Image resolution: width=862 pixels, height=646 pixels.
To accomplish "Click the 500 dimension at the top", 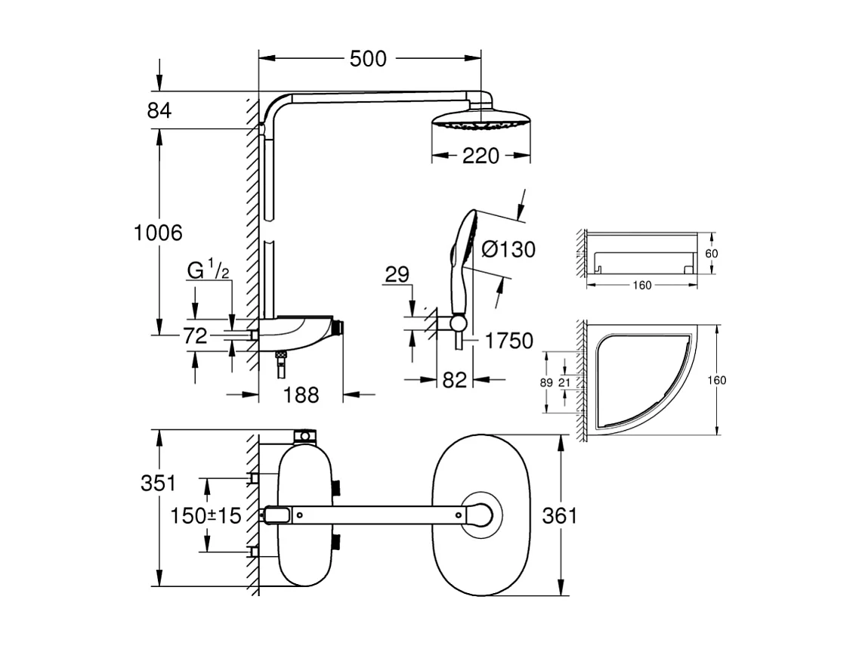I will (368, 58).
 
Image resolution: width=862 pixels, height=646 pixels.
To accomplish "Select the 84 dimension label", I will (159, 110).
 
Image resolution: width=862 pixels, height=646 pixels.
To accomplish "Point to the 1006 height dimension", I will (158, 233).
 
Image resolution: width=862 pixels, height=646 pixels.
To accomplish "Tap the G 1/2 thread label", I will (209, 270).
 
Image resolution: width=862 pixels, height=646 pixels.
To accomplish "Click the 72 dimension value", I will (195, 336).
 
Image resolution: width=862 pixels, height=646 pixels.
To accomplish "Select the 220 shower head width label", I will (480, 156).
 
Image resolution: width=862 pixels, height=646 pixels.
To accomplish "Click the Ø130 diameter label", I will (507, 249).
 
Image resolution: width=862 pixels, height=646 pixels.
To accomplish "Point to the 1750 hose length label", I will (508, 341).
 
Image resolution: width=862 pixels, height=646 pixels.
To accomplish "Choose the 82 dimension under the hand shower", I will (454, 381).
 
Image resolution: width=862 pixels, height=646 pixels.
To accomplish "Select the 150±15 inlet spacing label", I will (205, 516).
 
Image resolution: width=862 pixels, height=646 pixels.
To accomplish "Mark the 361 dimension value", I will (559, 516).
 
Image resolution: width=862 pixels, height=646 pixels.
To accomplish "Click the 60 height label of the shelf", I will (711, 254).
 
